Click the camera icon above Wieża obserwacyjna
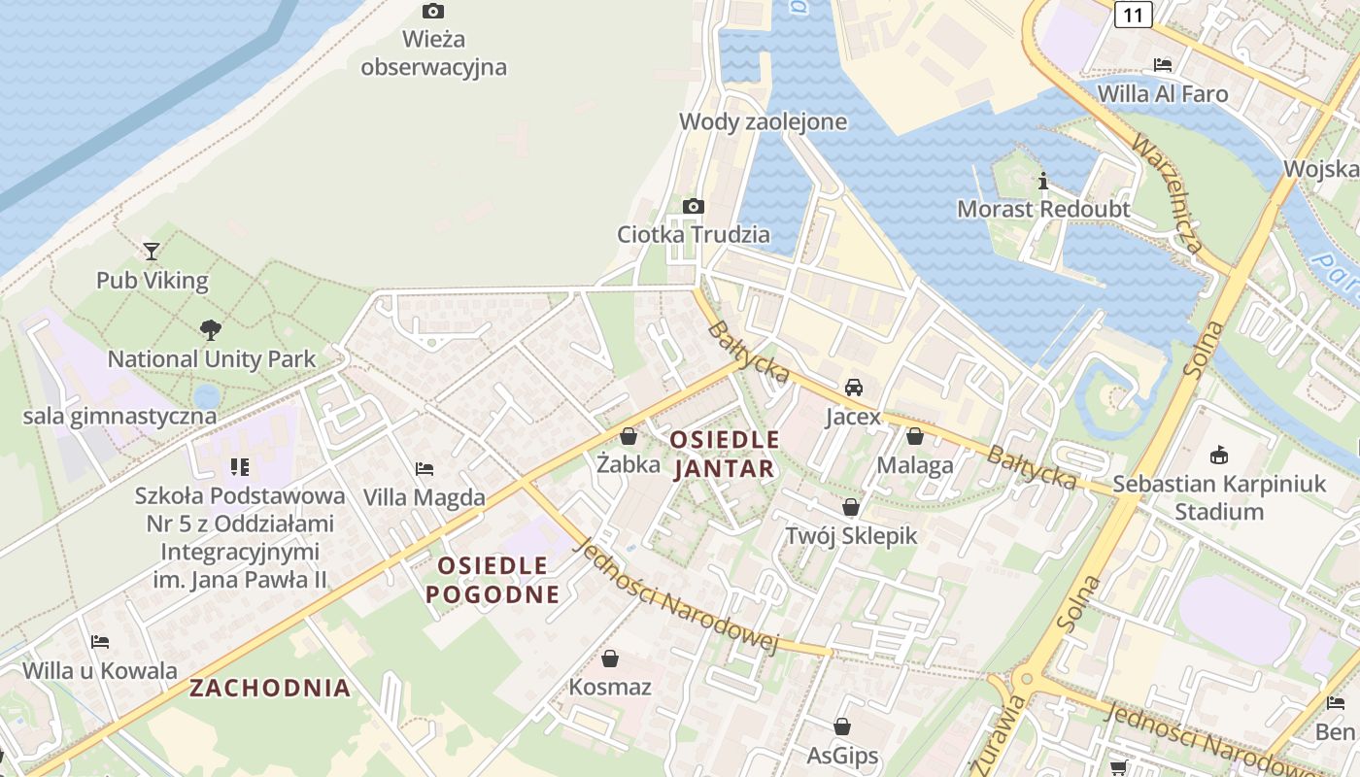[433, 12]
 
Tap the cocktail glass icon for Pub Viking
[152, 252]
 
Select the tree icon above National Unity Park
[210, 330]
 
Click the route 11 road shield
[1134, 14]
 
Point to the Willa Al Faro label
[1163, 94]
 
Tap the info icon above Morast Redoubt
[1043, 181]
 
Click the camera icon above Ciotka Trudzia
[694, 206]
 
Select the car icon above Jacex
[854, 388]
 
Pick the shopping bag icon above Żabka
[629, 436]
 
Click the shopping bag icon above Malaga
[914, 436]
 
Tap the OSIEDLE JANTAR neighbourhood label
[725, 455]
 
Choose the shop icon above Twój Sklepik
[851, 507]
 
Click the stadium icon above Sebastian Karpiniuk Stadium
[1219, 455]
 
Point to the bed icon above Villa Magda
[425, 468]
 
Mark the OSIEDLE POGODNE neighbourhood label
[493, 580]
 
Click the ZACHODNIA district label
[270, 689]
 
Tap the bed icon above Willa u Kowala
[100, 642]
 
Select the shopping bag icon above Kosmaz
[610, 659]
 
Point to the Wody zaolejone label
[763, 121]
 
